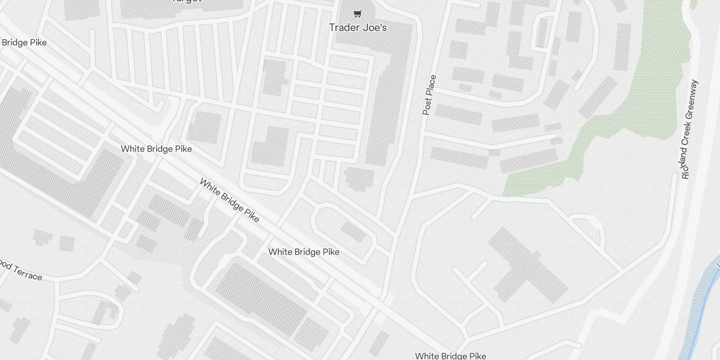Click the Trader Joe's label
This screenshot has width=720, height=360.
(x=358, y=27)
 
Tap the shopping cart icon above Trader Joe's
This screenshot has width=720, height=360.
(x=357, y=14)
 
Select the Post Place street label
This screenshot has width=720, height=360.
(x=429, y=95)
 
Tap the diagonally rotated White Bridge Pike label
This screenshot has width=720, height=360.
(x=229, y=200)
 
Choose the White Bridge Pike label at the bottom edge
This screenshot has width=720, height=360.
(x=450, y=356)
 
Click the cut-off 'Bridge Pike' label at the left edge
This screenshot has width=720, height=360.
(x=24, y=43)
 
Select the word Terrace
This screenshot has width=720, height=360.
(x=27, y=273)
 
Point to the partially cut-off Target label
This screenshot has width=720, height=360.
(x=186, y=1)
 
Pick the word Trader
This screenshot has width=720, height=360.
(x=343, y=27)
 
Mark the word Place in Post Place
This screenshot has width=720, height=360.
(x=431, y=85)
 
